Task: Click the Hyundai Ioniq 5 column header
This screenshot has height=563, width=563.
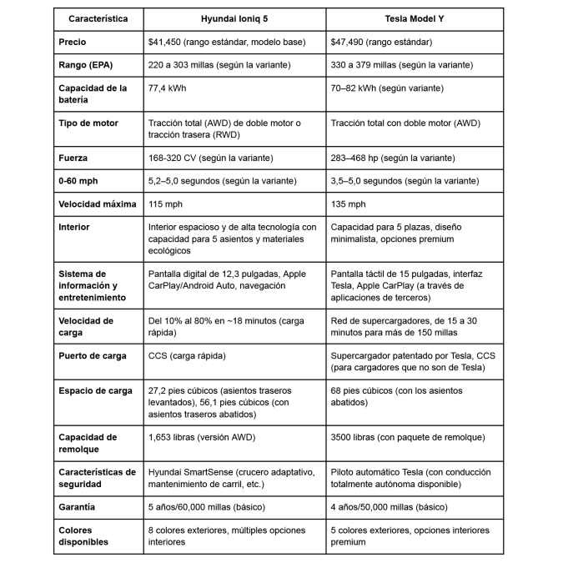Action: [x=234, y=18]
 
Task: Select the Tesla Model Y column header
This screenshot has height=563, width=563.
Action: [x=415, y=18]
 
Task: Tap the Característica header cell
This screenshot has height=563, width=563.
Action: [x=98, y=18]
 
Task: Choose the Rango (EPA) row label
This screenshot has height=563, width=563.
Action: [x=86, y=64]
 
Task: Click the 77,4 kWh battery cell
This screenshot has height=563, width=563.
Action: [x=166, y=88]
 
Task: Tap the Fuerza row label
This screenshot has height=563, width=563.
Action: [x=73, y=158]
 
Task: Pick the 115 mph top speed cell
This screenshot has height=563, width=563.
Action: [x=164, y=204]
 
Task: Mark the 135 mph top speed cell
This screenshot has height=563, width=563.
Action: [x=348, y=204]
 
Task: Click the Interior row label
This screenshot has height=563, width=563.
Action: [x=74, y=227]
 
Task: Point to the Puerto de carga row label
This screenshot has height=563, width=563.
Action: [x=93, y=355]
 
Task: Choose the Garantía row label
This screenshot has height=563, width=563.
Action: [x=78, y=506]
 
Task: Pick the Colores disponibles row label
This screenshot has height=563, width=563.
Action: [x=84, y=535]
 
